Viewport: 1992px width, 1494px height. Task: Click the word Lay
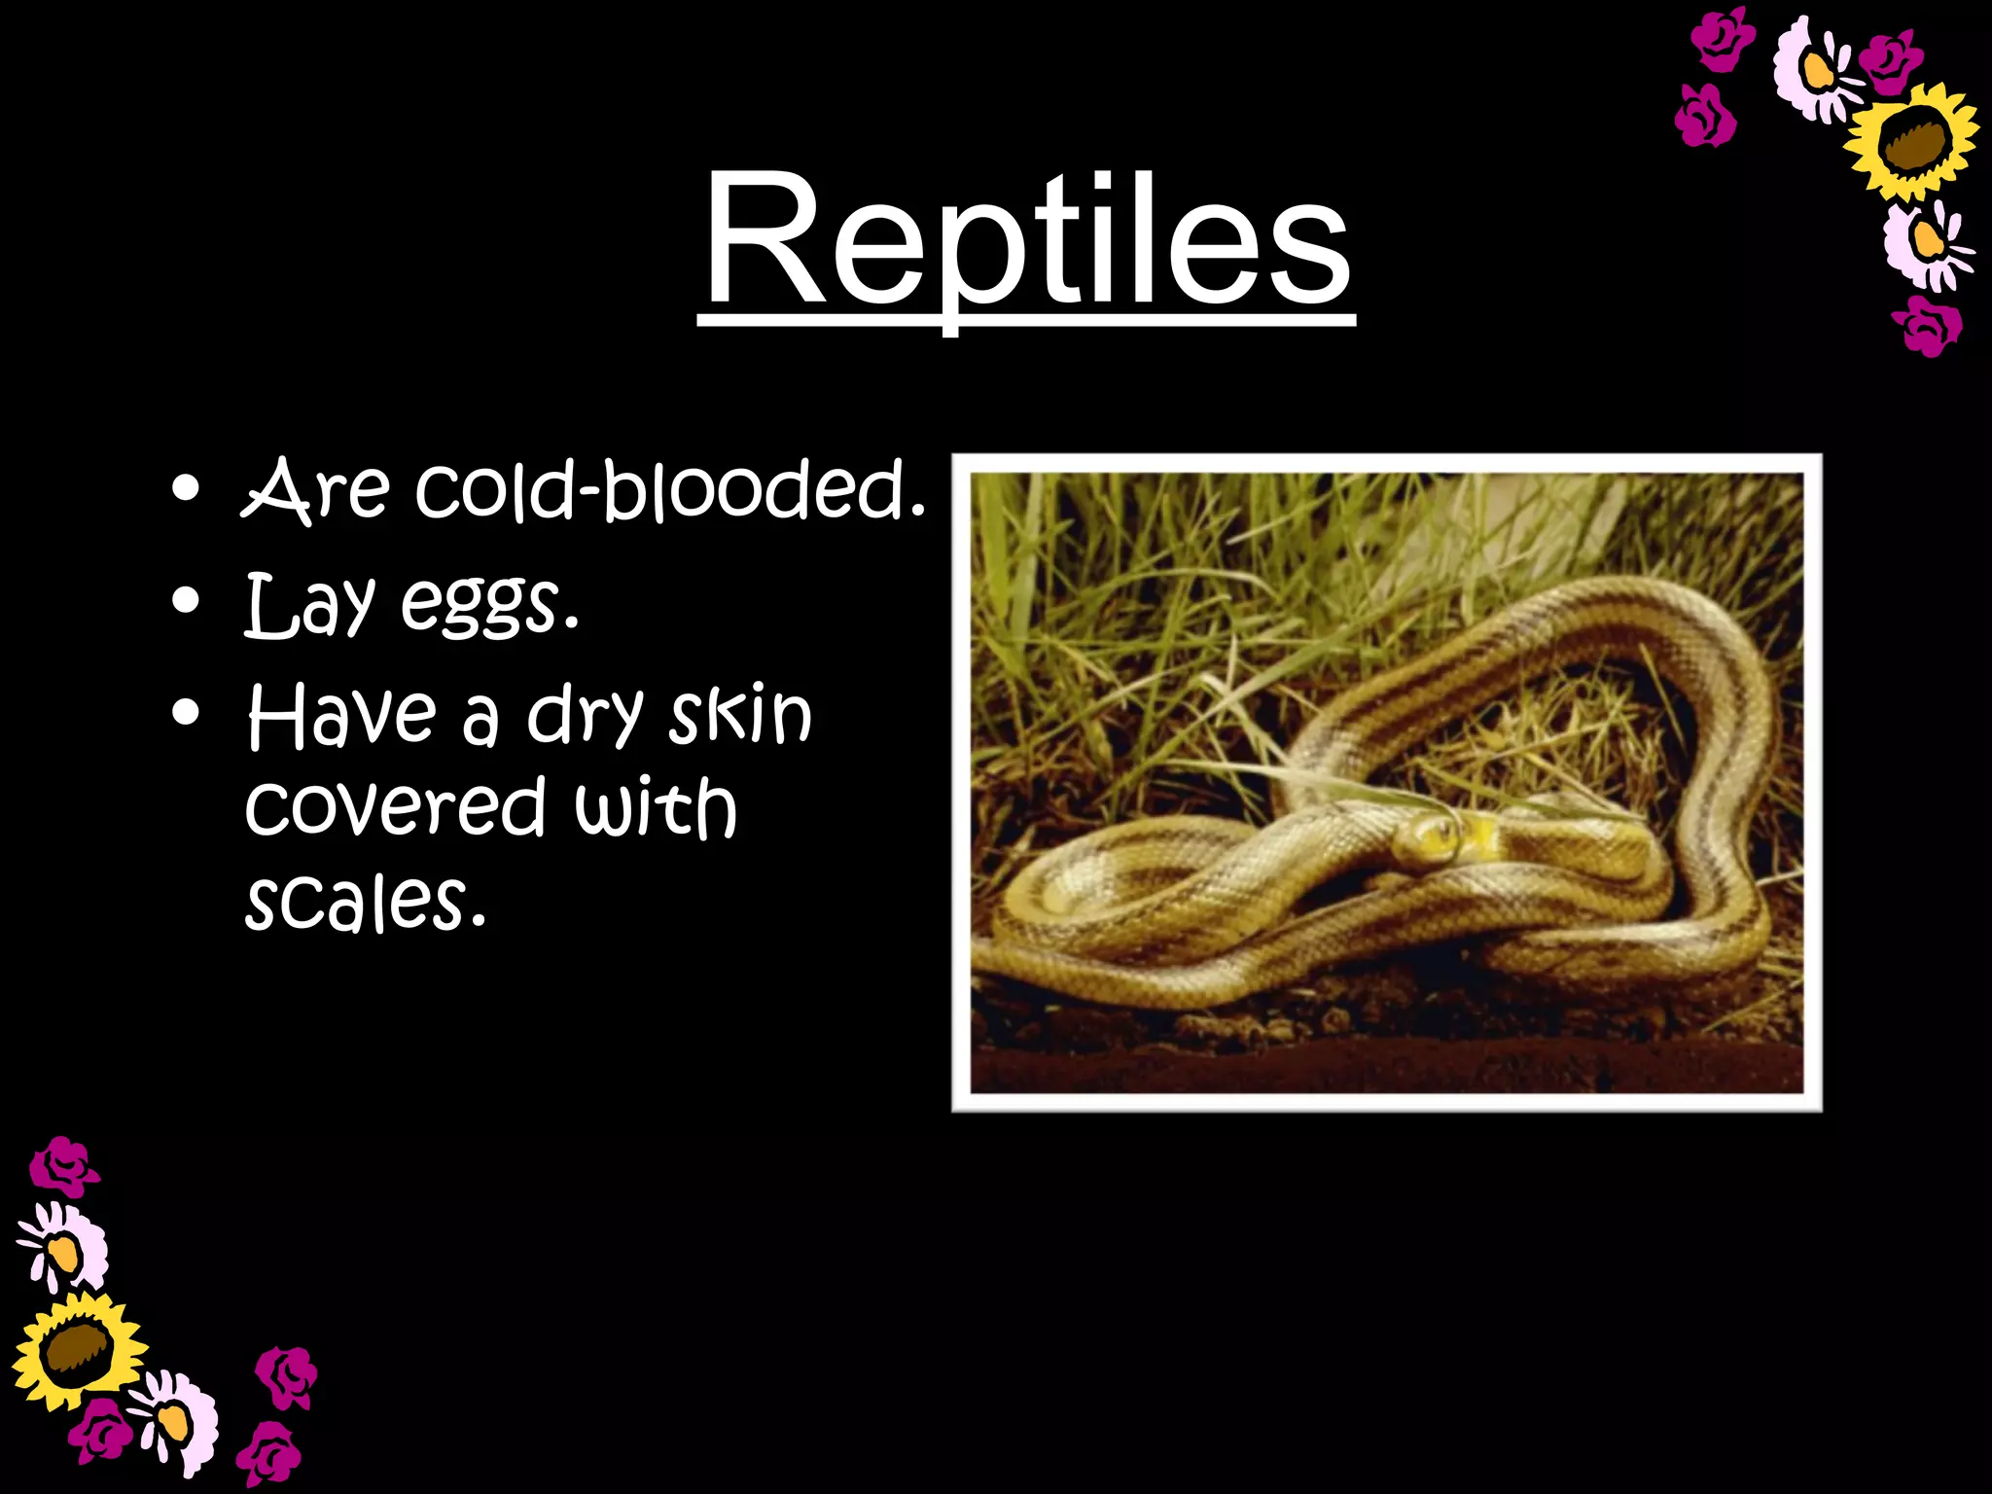309,605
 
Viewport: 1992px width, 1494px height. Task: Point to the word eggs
489,605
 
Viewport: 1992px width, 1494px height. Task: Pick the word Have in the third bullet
341,715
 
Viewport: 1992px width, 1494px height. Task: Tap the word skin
740,715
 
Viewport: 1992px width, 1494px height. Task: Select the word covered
394,807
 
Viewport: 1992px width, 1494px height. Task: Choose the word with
655,807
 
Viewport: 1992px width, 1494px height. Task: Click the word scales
365,901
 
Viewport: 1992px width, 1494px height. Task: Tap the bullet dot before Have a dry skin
185,713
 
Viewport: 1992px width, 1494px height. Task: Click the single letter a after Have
480,720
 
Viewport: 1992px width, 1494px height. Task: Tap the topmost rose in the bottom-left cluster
63,1167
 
